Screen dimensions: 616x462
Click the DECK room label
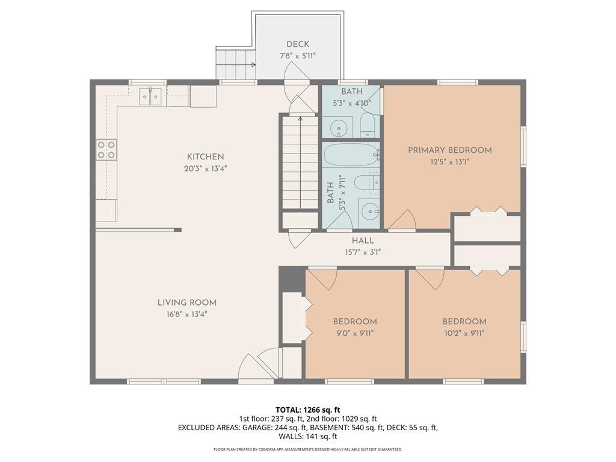click(297, 45)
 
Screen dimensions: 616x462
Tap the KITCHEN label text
click(206, 157)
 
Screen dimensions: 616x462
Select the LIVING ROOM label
click(187, 303)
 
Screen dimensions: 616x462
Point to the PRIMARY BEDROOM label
click(450, 150)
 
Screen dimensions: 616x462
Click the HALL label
click(363, 241)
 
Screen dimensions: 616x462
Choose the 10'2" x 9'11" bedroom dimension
click(464, 333)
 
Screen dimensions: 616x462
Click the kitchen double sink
click(150, 96)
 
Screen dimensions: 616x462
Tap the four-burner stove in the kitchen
click(106, 150)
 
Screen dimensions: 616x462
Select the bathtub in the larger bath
click(351, 155)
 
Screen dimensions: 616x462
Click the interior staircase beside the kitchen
click(300, 162)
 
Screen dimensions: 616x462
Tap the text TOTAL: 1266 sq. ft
click(307, 410)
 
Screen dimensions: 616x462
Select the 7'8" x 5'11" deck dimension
click(297, 56)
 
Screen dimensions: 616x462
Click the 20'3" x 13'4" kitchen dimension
click(206, 169)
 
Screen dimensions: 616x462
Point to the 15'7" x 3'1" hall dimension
click(363, 253)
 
